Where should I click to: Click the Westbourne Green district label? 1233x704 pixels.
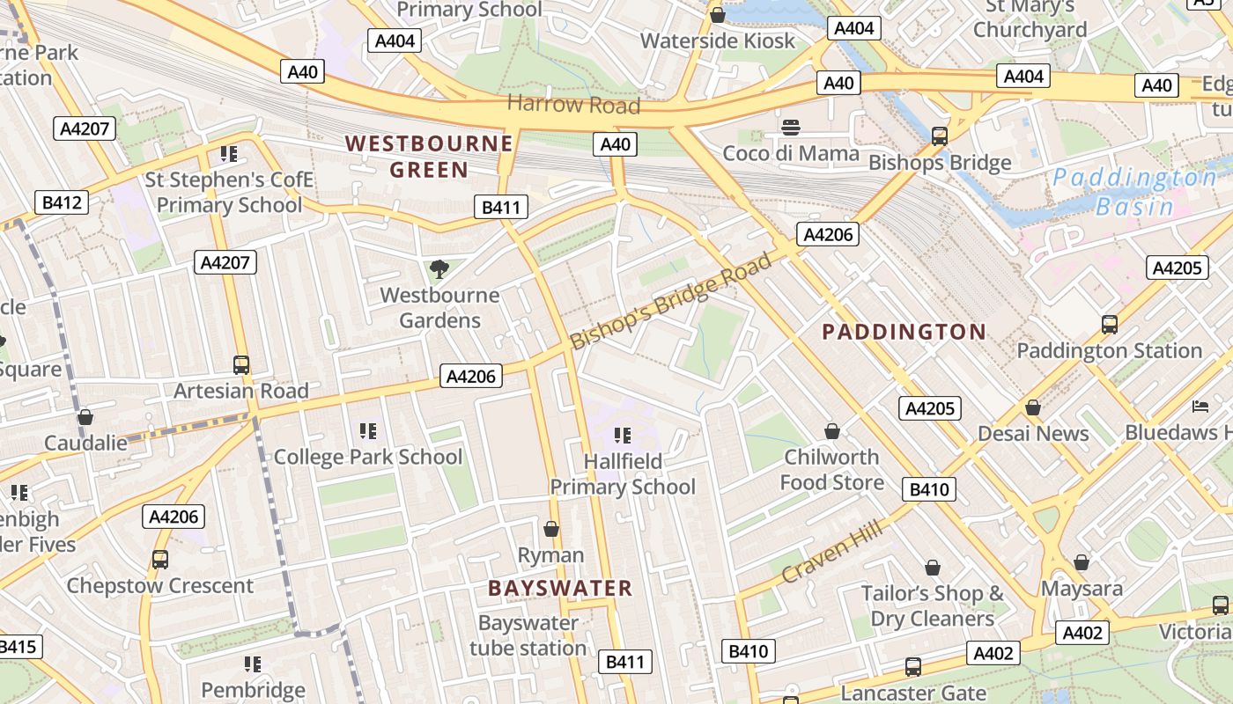(429, 156)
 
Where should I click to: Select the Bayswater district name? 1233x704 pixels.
(560, 588)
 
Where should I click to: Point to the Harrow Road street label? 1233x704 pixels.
(573, 105)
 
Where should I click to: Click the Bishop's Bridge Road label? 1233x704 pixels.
(670, 301)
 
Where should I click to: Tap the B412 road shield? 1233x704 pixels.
(62, 202)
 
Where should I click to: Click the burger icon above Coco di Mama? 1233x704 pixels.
(790, 128)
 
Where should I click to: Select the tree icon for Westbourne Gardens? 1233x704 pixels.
(438, 268)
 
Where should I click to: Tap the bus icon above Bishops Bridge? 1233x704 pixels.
(940, 136)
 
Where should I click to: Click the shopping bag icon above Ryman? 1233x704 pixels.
(551, 529)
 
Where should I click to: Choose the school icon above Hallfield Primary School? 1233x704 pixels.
(623, 435)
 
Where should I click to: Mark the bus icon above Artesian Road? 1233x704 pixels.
(240, 364)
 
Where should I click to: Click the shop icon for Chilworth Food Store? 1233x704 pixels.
(831, 431)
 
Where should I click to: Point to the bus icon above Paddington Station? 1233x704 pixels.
(1110, 324)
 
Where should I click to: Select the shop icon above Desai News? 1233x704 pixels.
(1033, 407)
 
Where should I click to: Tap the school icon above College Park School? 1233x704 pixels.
(367, 430)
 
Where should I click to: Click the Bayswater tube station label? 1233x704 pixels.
(528, 635)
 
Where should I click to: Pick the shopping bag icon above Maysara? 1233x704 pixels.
(1082, 561)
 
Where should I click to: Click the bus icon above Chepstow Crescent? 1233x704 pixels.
(159, 559)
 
